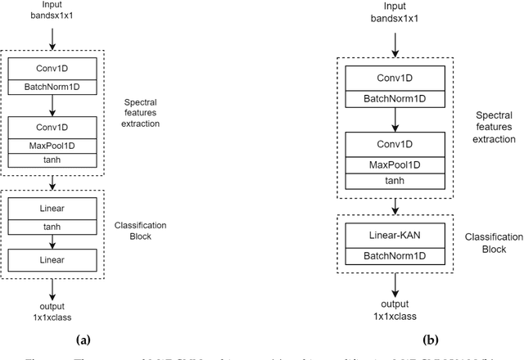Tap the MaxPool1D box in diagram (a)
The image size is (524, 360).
(x=51, y=146)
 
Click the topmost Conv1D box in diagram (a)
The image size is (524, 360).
(x=51, y=69)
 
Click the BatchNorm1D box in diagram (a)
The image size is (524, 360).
(x=51, y=84)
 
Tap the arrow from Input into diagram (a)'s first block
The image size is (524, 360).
(x=51, y=38)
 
